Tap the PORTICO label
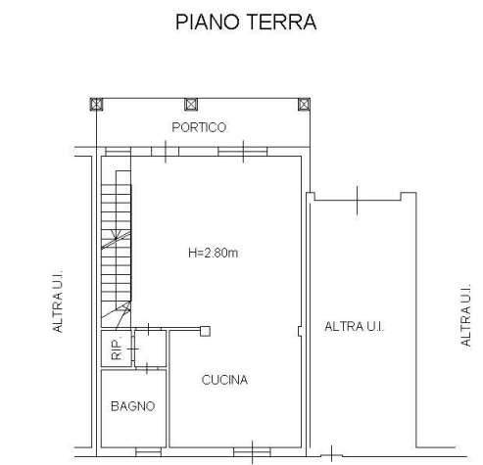[199, 127]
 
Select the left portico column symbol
[96, 103]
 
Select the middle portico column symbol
[188, 103]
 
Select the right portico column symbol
[304, 103]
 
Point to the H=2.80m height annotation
[214, 253]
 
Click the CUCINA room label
[224, 380]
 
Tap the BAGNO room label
[132, 405]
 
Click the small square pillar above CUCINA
[205, 330]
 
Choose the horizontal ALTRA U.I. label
[354, 326]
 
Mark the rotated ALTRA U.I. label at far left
[59, 302]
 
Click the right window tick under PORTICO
[245, 151]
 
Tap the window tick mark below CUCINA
[254, 451]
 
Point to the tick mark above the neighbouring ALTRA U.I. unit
[358, 199]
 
